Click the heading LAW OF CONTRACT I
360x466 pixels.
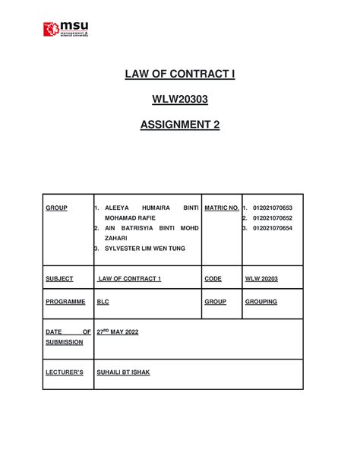[179, 74]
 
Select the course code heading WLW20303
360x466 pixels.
[179, 100]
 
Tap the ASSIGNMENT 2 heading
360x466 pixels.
[179, 125]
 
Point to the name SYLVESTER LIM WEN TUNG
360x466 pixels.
[142, 249]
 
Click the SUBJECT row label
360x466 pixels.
[59, 279]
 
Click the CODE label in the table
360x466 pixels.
[213, 279]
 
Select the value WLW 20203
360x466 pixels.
[263, 279]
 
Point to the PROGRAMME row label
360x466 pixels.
[65, 302]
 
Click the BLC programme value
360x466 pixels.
[103, 302]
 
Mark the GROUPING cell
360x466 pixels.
[261, 302]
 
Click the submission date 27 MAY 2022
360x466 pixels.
[118, 332]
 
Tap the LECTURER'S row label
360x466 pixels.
[65, 376]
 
